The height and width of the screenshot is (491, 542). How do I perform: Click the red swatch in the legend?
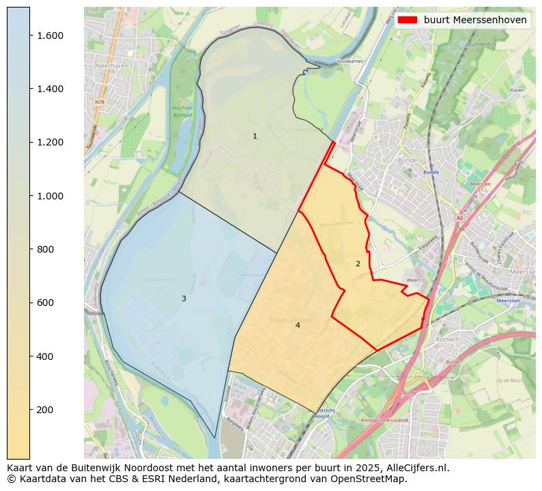408,20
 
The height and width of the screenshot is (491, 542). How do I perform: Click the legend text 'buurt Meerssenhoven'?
475,20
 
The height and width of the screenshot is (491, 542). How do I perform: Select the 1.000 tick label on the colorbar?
50,196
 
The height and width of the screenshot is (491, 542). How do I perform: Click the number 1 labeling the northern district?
255,136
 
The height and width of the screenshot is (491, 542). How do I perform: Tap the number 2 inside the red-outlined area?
358,264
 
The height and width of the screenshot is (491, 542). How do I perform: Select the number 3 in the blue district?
184,298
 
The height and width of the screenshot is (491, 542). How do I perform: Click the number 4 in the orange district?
298,325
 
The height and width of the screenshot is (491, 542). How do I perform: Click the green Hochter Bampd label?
182,111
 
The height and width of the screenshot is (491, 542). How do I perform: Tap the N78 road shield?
100,102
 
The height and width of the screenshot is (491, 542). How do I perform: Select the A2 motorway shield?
459,218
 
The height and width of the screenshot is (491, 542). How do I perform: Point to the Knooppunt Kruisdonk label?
384,421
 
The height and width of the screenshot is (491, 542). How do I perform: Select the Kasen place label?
517,90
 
